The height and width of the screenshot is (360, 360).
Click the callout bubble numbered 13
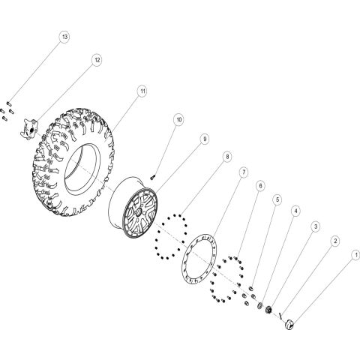64,37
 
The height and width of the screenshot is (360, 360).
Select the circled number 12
97,59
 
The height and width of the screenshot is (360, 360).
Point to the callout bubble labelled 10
178,119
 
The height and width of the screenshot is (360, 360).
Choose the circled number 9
204,139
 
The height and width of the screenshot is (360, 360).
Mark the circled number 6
259,185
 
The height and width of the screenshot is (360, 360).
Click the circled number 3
315,226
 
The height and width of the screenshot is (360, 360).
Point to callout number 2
334,240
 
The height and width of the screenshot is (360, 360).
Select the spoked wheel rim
139,209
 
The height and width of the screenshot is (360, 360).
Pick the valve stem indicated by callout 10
153,175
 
